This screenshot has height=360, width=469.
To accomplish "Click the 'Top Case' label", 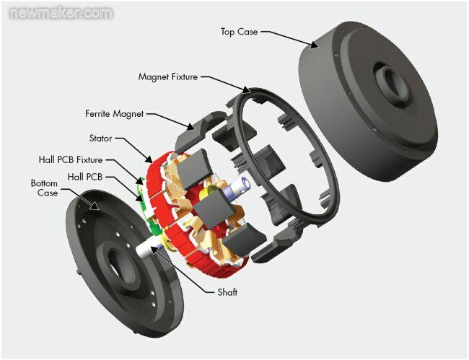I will coord(238,32).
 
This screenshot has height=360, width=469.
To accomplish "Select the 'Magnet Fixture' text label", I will coord(167,76).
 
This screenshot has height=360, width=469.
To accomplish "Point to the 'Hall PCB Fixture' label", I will coord(70,159).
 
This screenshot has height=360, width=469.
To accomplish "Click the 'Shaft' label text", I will coord(227,292).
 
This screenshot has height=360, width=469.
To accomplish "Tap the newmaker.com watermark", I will coord(58,13).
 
